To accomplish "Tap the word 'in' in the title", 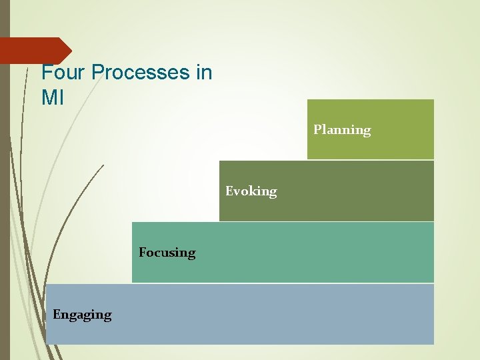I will (x=204, y=73).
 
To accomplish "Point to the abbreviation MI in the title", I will (x=53, y=98).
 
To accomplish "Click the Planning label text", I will (x=342, y=129).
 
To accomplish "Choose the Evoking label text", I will (x=251, y=191).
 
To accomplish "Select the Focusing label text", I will (x=167, y=253).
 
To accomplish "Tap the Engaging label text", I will (x=82, y=314).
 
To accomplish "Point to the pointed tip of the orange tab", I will (x=71, y=51).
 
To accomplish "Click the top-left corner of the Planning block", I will (x=307, y=100).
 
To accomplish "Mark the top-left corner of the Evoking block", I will (x=220, y=161).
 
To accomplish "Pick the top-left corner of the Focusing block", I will (x=133, y=223).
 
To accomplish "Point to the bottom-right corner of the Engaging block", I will (x=433, y=344).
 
